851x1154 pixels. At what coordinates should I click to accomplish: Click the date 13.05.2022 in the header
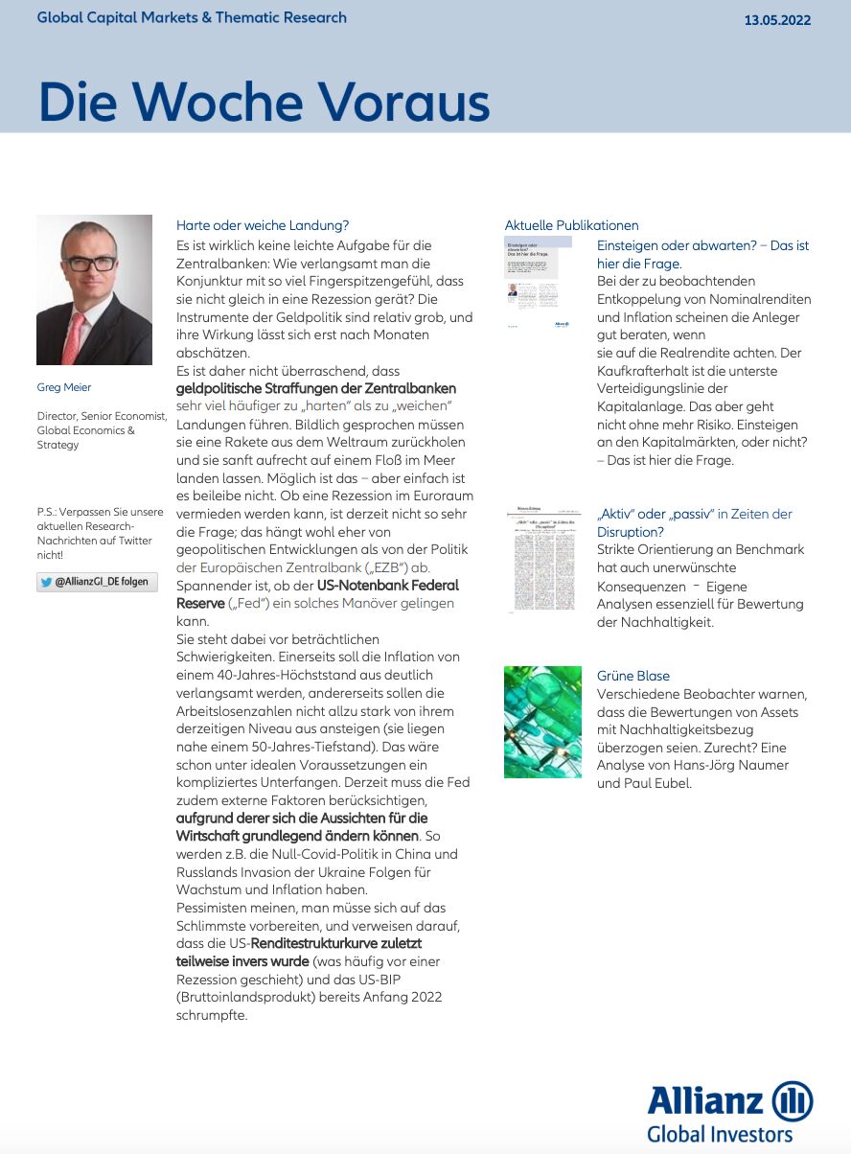pyautogui.click(x=777, y=20)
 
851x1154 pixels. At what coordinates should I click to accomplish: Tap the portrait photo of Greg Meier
pyautogui.click(x=94, y=289)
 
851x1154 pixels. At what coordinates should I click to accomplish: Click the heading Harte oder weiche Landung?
pyautogui.click(x=263, y=226)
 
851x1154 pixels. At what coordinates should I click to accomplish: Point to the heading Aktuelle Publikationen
pyautogui.click(x=571, y=226)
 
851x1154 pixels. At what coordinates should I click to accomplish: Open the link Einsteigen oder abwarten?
pyautogui.click(x=677, y=245)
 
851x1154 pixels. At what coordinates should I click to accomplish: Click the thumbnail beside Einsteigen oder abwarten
pyautogui.click(x=539, y=283)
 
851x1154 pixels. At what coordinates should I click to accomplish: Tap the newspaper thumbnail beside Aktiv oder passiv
pyautogui.click(x=542, y=560)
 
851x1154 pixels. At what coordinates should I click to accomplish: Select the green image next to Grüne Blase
pyautogui.click(x=542, y=722)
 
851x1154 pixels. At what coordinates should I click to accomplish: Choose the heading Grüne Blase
pyautogui.click(x=633, y=676)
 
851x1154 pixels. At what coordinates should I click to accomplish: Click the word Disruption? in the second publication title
pyautogui.click(x=631, y=532)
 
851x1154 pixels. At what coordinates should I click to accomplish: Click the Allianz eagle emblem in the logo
pyautogui.click(x=792, y=1100)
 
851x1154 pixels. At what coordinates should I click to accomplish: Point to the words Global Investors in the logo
pyautogui.click(x=720, y=1135)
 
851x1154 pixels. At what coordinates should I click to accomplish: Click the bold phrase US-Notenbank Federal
pyautogui.click(x=387, y=585)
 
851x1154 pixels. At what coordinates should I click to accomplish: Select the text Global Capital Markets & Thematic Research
pyautogui.click(x=192, y=18)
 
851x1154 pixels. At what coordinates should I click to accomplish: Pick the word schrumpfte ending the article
pyautogui.click(x=212, y=1015)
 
